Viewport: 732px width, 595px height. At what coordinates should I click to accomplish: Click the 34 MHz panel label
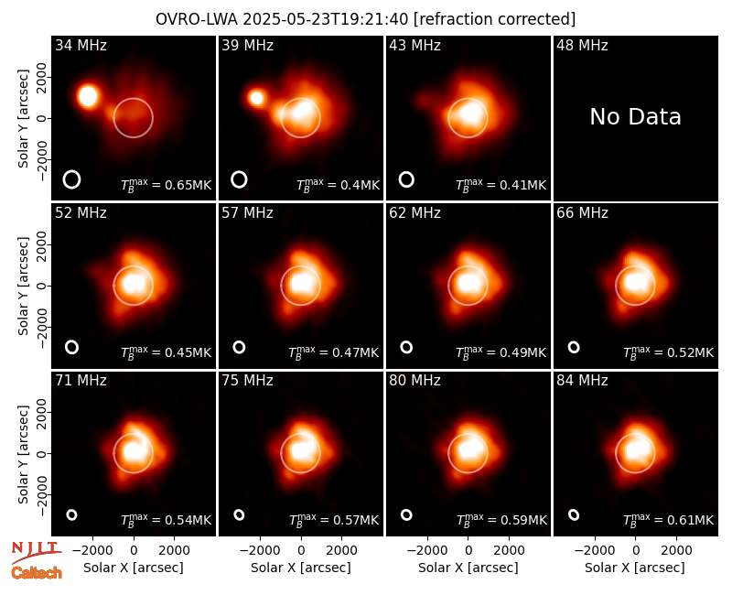pyautogui.click(x=81, y=45)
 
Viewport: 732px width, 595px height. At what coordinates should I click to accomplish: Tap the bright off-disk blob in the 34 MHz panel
pyautogui.click(x=88, y=96)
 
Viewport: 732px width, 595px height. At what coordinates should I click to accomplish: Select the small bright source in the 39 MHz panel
pyautogui.click(x=256, y=98)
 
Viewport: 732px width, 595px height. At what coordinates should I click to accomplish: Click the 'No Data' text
pyautogui.click(x=635, y=117)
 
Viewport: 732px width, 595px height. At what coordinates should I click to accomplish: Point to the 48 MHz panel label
pyautogui.click(x=582, y=45)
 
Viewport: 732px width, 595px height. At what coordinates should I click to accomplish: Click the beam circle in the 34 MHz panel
pyautogui.click(x=71, y=179)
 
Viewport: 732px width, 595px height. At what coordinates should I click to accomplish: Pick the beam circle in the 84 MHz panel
pyautogui.click(x=574, y=514)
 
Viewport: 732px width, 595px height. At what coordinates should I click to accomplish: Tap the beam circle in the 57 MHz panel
pyautogui.click(x=239, y=347)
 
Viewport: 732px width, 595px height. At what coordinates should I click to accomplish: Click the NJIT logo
pyautogui.click(x=36, y=552)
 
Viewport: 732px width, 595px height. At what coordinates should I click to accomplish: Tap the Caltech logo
pyautogui.click(x=37, y=573)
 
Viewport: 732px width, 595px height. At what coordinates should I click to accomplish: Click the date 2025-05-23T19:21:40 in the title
pyautogui.click(x=326, y=19)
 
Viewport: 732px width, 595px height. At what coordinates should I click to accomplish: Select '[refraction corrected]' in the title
pyautogui.click(x=494, y=19)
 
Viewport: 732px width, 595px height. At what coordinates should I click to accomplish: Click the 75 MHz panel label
pyautogui.click(x=247, y=380)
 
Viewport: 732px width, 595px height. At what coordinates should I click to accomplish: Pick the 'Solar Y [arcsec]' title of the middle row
pyautogui.click(x=24, y=286)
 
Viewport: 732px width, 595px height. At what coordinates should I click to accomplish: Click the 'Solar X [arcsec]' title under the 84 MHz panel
pyautogui.click(x=635, y=568)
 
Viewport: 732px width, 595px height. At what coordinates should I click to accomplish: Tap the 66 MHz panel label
pyautogui.click(x=582, y=213)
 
